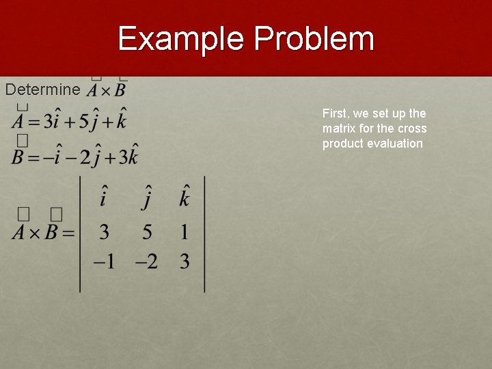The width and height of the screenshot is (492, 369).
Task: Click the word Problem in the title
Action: [x=314, y=39]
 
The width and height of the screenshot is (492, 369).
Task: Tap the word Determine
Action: [x=42, y=90]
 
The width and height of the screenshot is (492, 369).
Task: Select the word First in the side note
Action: [x=336, y=113]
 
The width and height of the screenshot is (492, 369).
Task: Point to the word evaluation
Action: [x=396, y=143]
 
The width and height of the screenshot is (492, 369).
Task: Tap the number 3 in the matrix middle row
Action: [x=104, y=232]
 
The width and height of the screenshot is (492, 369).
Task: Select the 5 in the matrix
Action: [x=147, y=232]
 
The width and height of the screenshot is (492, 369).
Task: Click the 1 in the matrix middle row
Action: [x=184, y=232]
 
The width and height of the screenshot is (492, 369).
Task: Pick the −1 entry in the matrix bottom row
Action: [x=103, y=262]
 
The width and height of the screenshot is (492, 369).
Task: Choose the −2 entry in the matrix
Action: [x=146, y=262]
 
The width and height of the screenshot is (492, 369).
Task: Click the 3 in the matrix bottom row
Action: [x=184, y=262]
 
